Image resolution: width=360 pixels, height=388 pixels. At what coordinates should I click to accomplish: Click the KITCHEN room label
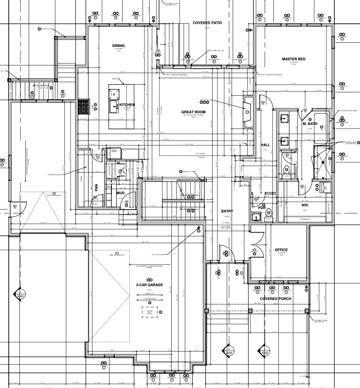[127, 105]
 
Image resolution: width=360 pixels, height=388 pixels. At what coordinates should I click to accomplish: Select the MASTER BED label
[293, 59]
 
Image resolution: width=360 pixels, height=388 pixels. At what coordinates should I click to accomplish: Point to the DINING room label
[119, 46]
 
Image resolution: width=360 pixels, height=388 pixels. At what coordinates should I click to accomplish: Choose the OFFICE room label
[281, 250]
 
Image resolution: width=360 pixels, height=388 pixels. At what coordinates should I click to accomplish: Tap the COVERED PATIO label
[207, 23]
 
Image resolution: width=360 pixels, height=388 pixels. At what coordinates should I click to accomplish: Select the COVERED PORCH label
[275, 299]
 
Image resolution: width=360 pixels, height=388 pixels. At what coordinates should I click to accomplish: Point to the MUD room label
[120, 193]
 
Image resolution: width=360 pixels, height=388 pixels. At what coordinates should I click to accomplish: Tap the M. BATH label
[310, 123]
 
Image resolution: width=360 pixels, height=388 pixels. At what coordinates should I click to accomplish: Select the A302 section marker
[266, 350]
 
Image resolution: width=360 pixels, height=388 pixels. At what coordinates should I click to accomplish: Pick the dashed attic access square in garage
[152, 311]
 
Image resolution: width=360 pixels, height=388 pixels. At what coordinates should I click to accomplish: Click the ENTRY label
[227, 211]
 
